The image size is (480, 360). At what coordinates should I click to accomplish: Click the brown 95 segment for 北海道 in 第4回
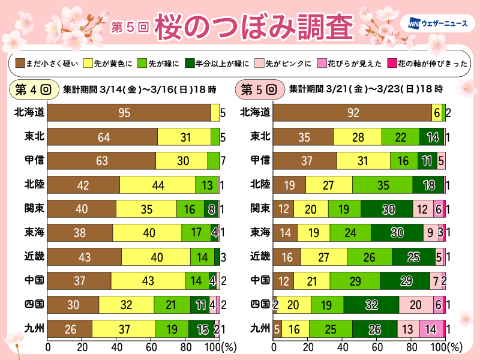[x=129, y=112]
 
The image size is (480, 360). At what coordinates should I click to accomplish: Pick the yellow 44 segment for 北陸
[x=158, y=185]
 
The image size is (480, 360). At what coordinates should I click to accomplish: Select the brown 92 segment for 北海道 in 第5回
[x=352, y=112]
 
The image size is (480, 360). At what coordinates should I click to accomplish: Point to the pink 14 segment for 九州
[x=430, y=329]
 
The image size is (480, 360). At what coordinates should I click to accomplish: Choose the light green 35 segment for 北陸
[x=382, y=185]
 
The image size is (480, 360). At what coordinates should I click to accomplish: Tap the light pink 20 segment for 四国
[x=415, y=305]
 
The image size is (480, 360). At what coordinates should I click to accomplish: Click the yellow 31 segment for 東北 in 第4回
[x=184, y=136]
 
